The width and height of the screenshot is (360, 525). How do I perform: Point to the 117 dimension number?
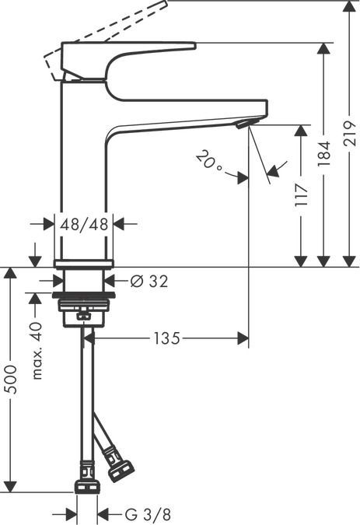pyautogui.click(x=302, y=194)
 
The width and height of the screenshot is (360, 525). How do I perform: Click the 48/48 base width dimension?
pyautogui.click(x=83, y=224)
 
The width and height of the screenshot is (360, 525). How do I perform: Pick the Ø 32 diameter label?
pyautogui.click(x=148, y=281)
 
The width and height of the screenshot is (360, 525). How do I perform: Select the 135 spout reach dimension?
pyautogui.click(x=166, y=338)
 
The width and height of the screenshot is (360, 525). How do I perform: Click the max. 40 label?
pyautogui.click(x=37, y=351)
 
